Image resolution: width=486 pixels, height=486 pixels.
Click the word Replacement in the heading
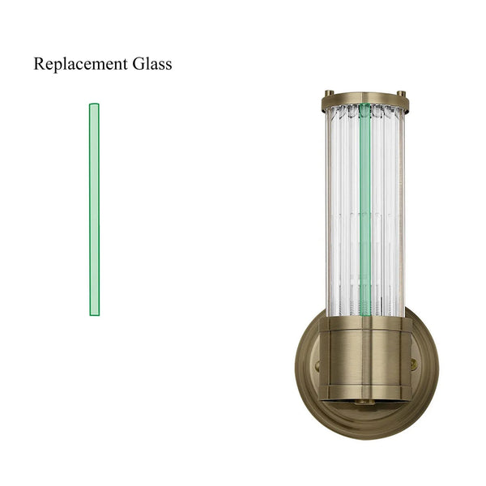[79, 65]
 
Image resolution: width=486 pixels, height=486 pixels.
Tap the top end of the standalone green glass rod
[94, 106]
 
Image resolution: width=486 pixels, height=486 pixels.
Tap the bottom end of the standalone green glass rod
[94, 313]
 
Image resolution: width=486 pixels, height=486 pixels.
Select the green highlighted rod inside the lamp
[365, 211]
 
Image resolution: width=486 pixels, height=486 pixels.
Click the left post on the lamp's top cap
[328, 93]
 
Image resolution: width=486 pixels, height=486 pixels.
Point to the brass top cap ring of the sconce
[364, 102]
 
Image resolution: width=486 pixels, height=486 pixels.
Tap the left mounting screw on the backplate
[316, 365]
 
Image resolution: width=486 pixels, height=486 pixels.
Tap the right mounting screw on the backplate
[414, 365]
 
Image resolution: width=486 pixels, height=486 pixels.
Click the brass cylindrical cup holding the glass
[364, 356]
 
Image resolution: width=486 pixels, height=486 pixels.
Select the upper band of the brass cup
[364, 324]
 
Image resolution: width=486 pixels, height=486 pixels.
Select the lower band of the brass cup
[364, 392]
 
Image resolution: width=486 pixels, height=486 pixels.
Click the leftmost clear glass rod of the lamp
[330, 211]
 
